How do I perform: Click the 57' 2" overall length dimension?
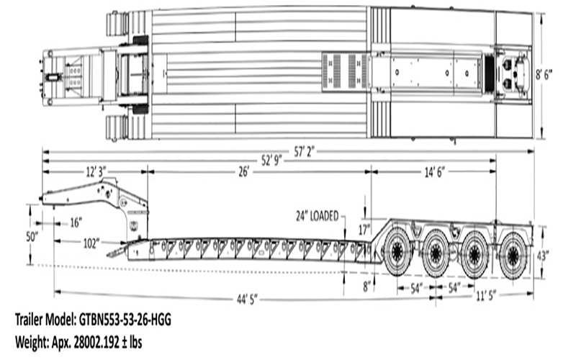click(304, 151)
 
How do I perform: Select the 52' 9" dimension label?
click(272, 161)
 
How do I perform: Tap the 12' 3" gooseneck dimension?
click(96, 172)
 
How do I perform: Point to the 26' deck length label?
click(244, 172)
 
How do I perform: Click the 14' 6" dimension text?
click(435, 172)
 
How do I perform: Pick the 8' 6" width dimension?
click(544, 76)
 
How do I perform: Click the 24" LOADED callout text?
click(317, 216)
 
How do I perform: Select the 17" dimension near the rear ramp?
click(364, 230)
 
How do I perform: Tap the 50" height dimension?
click(32, 237)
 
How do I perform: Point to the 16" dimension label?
click(76, 222)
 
